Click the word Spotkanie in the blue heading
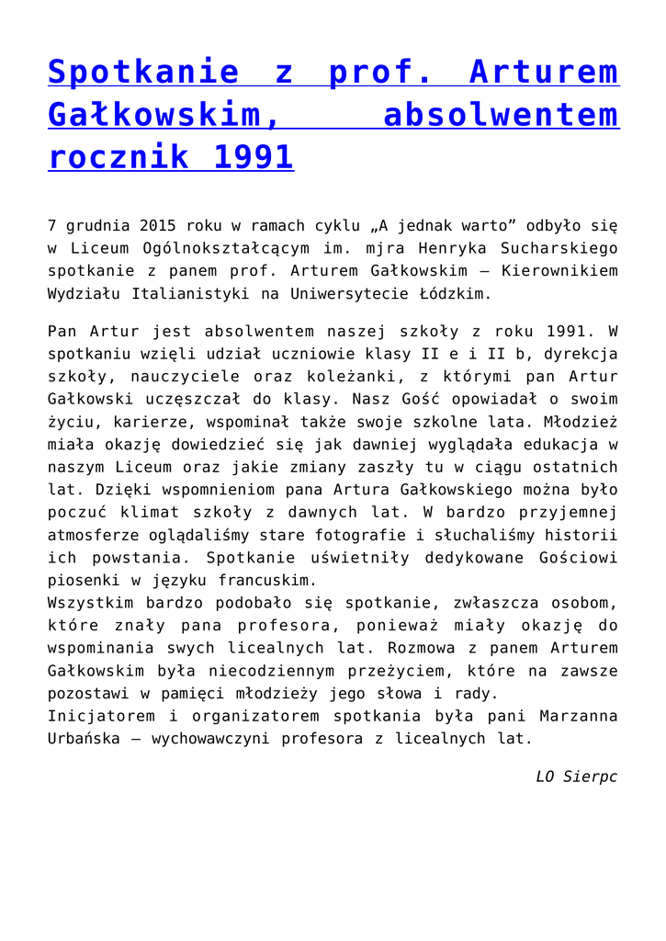[x=137, y=72]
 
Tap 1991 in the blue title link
[x=253, y=157]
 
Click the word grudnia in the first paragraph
[x=96, y=225]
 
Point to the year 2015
[x=158, y=225]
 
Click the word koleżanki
[x=352, y=377]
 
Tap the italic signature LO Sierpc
[x=577, y=777]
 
